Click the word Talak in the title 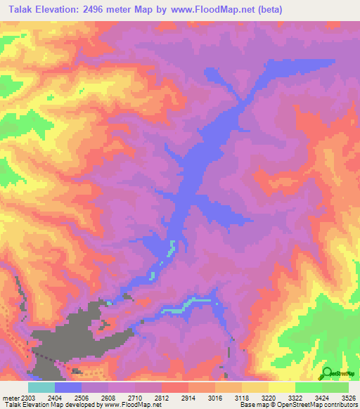point(19,8)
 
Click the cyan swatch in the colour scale point(41,387)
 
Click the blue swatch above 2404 point(68,387)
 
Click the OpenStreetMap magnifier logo point(327,372)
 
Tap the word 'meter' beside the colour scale point(11,398)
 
